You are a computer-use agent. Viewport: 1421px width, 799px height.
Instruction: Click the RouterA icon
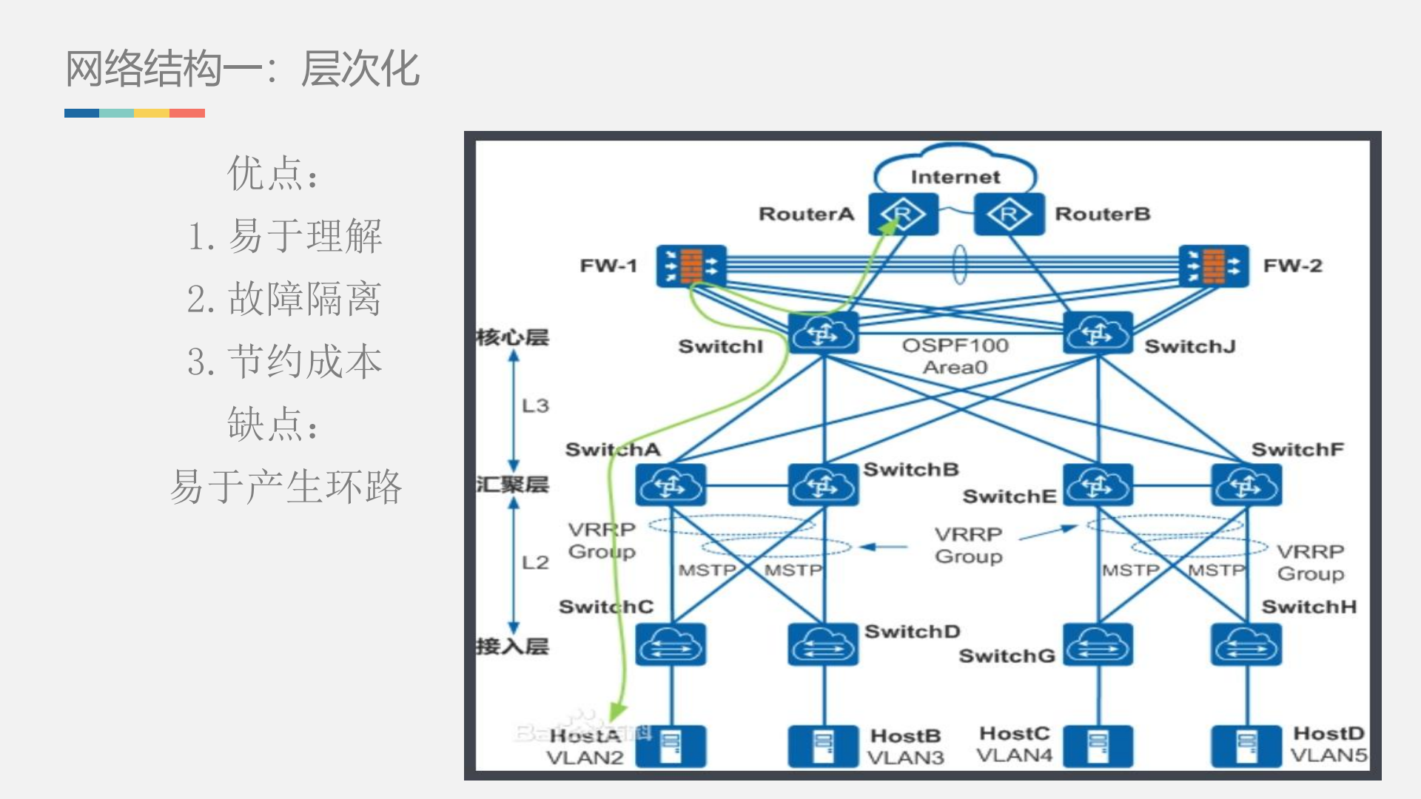[903, 215]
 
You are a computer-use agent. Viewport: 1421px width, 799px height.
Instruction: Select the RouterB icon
[1009, 215]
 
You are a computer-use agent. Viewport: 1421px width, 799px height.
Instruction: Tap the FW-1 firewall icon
[691, 266]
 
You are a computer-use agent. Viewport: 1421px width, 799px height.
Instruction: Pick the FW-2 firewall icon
[1213, 266]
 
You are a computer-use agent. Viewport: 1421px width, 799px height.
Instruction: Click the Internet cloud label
[955, 177]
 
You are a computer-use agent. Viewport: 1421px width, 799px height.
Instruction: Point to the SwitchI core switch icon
[823, 334]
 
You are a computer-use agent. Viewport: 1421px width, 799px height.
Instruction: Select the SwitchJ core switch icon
[1098, 334]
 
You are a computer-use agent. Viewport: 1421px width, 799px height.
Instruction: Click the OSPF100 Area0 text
[955, 356]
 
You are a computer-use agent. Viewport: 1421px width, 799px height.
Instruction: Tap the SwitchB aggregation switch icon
[823, 485]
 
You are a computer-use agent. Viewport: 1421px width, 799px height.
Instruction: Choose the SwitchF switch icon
[1246, 485]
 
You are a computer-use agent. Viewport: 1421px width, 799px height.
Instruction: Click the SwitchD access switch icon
[823, 644]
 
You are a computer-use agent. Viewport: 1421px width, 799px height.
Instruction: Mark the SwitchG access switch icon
[1098, 644]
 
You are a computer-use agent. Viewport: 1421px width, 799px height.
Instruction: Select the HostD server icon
[1246, 746]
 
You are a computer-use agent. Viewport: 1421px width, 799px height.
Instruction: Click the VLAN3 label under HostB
[905, 758]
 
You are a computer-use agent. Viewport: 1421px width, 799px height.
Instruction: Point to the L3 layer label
[535, 405]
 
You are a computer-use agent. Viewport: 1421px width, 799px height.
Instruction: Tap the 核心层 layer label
[512, 337]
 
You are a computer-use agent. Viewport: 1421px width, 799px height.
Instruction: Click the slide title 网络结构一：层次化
[243, 69]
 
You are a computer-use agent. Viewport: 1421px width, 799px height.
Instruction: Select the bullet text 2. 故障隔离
[284, 299]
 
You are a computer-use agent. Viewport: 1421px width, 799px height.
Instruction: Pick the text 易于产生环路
[286, 487]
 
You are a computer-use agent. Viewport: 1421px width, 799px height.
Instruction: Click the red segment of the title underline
[187, 113]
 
